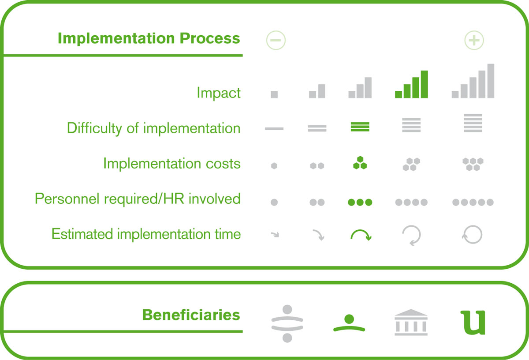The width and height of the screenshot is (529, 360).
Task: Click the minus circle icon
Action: [x=276, y=40]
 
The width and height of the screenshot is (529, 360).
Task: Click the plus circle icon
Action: [x=474, y=40]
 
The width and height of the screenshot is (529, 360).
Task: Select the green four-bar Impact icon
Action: [x=411, y=84]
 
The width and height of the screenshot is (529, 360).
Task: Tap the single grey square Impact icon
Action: [x=274, y=94]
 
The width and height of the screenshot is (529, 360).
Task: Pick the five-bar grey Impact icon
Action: [x=473, y=81]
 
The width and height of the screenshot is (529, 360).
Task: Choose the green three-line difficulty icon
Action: [x=360, y=127]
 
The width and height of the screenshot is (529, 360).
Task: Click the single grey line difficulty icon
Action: [x=274, y=128]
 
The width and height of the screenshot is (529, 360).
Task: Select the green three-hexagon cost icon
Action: [x=360, y=163]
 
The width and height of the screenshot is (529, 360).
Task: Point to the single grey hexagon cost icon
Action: [x=274, y=166]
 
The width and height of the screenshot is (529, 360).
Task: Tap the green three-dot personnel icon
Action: [x=360, y=202]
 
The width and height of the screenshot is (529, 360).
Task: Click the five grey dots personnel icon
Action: [x=473, y=202]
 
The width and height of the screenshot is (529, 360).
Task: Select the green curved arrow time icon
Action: [x=361, y=234]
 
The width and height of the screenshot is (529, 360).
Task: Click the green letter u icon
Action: [x=473, y=322]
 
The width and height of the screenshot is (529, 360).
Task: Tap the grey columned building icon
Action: [x=411, y=322]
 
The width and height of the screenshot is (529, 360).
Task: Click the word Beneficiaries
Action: [x=191, y=315]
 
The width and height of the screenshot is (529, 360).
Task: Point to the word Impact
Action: [x=219, y=93]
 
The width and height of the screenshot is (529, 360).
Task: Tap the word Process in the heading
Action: [x=209, y=38]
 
